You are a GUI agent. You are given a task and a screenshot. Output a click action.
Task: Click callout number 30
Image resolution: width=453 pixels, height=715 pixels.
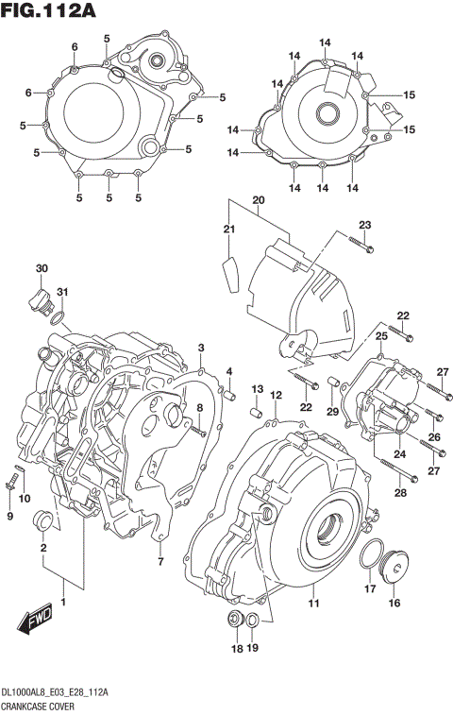pyautogui.click(x=42, y=270)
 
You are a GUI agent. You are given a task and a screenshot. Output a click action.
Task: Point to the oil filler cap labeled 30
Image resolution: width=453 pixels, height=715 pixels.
pyautogui.click(x=40, y=303)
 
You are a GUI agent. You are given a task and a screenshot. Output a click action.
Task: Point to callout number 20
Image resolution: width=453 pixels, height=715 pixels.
pyautogui.click(x=258, y=200)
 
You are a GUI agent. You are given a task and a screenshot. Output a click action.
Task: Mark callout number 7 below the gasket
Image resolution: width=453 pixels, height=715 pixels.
pyautogui.click(x=159, y=564)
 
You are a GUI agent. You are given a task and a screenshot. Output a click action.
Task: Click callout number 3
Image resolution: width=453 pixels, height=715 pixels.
pyautogui.click(x=200, y=349)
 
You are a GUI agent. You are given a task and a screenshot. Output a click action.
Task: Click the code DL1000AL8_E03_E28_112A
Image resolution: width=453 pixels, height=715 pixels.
pyautogui.click(x=55, y=693)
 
